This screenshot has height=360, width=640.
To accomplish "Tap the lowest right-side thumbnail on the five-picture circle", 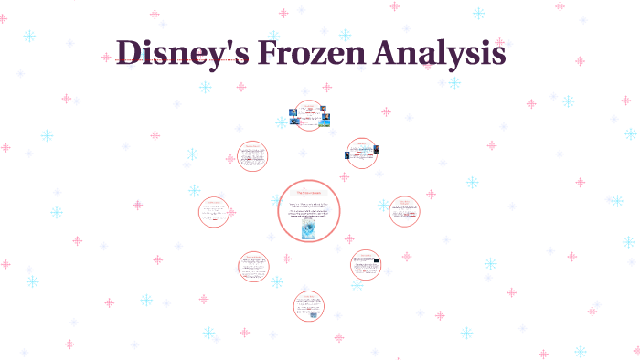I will click(x=325, y=121).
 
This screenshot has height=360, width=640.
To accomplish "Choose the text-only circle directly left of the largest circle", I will click(x=215, y=212).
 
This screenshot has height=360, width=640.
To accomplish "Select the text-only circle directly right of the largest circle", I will click(x=403, y=210).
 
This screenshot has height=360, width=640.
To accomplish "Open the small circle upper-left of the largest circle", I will click(x=252, y=156).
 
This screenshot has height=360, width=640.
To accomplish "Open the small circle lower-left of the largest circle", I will click(x=253, y=267).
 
